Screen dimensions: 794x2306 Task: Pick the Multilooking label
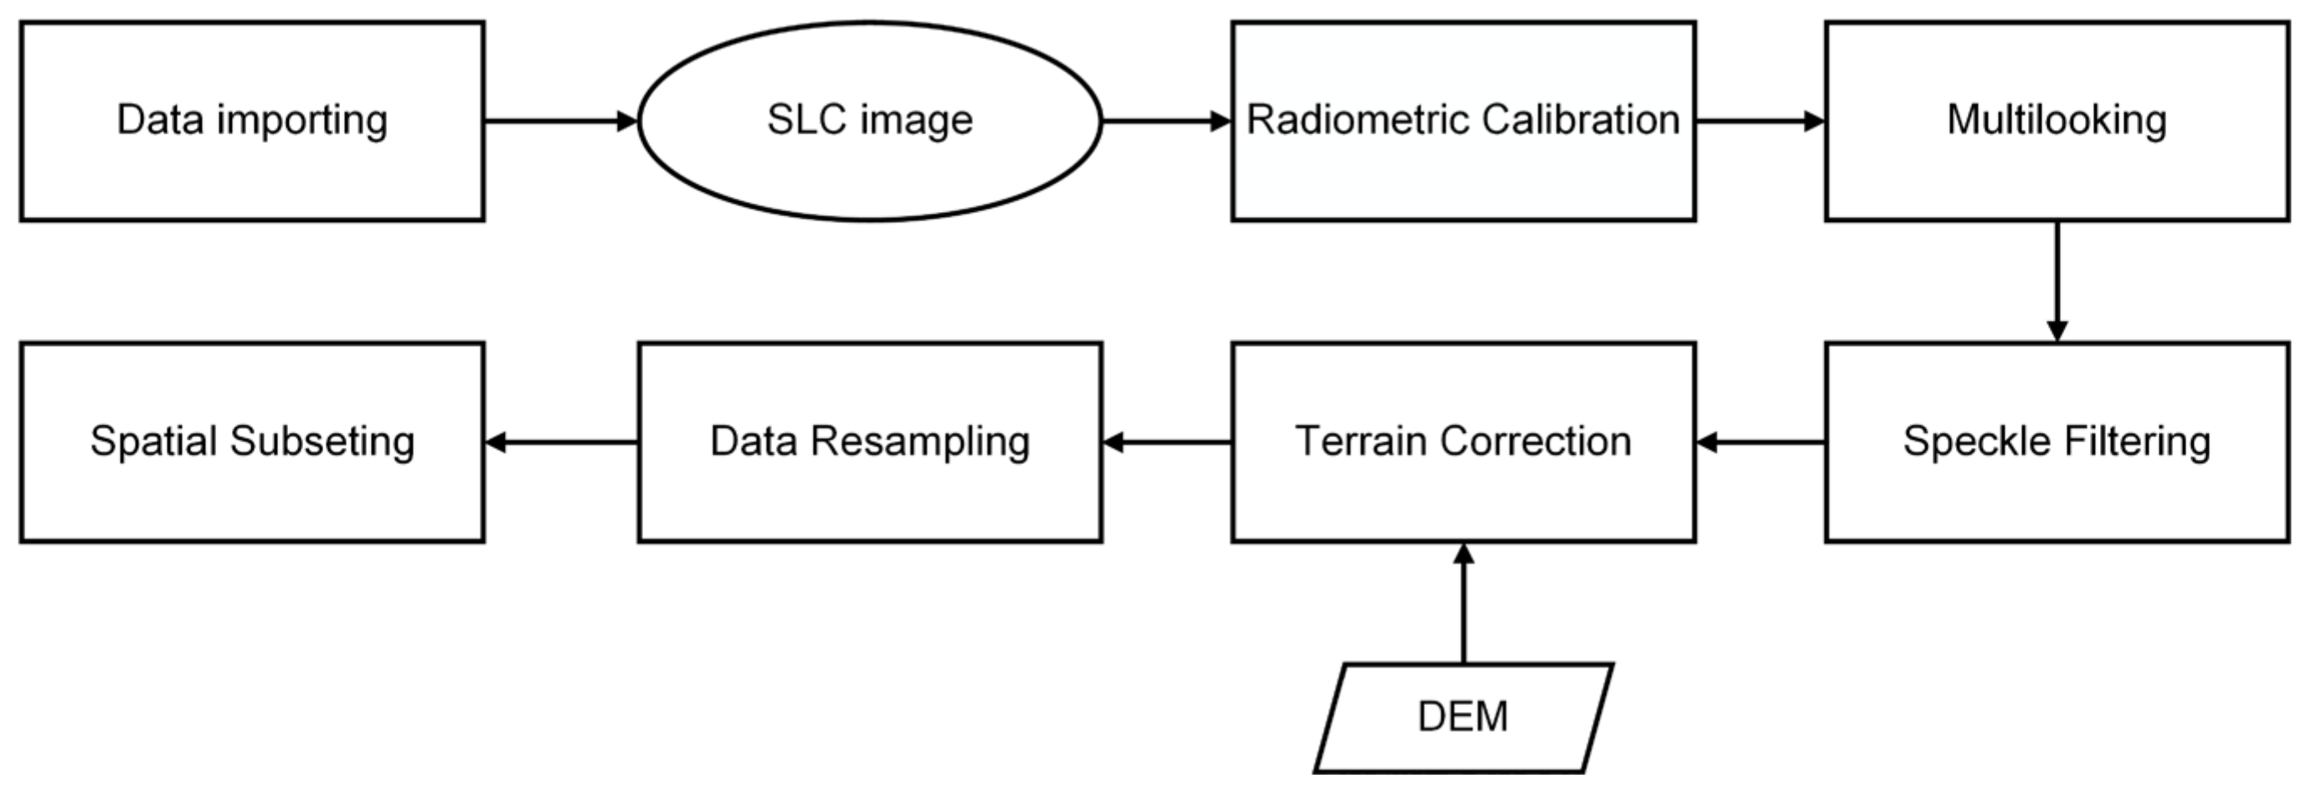[2056, 121]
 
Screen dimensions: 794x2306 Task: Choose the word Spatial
[153, 441]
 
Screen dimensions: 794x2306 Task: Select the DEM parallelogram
[1463, 717]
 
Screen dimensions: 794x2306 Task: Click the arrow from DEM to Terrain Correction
[1463, 604]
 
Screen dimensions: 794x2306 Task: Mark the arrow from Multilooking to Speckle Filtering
[2056, 281]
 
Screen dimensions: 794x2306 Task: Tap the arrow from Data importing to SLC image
[560, 121]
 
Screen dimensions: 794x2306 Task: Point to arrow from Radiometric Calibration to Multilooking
[1759, 121]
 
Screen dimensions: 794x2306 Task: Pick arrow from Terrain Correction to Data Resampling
[1166, 442]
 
